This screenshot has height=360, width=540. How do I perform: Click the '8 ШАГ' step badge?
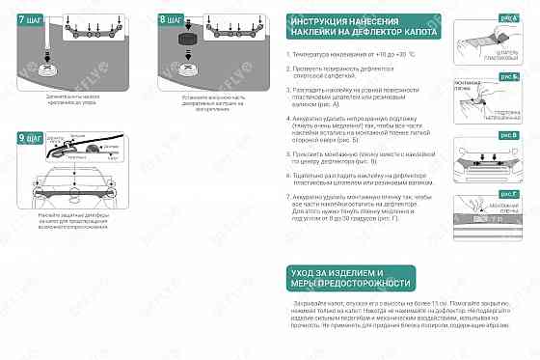(170, 17)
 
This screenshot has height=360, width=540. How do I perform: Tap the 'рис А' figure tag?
(508, 17)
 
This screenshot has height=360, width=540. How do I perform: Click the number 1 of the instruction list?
(288, 56)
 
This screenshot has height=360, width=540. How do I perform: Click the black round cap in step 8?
(187, 41)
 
